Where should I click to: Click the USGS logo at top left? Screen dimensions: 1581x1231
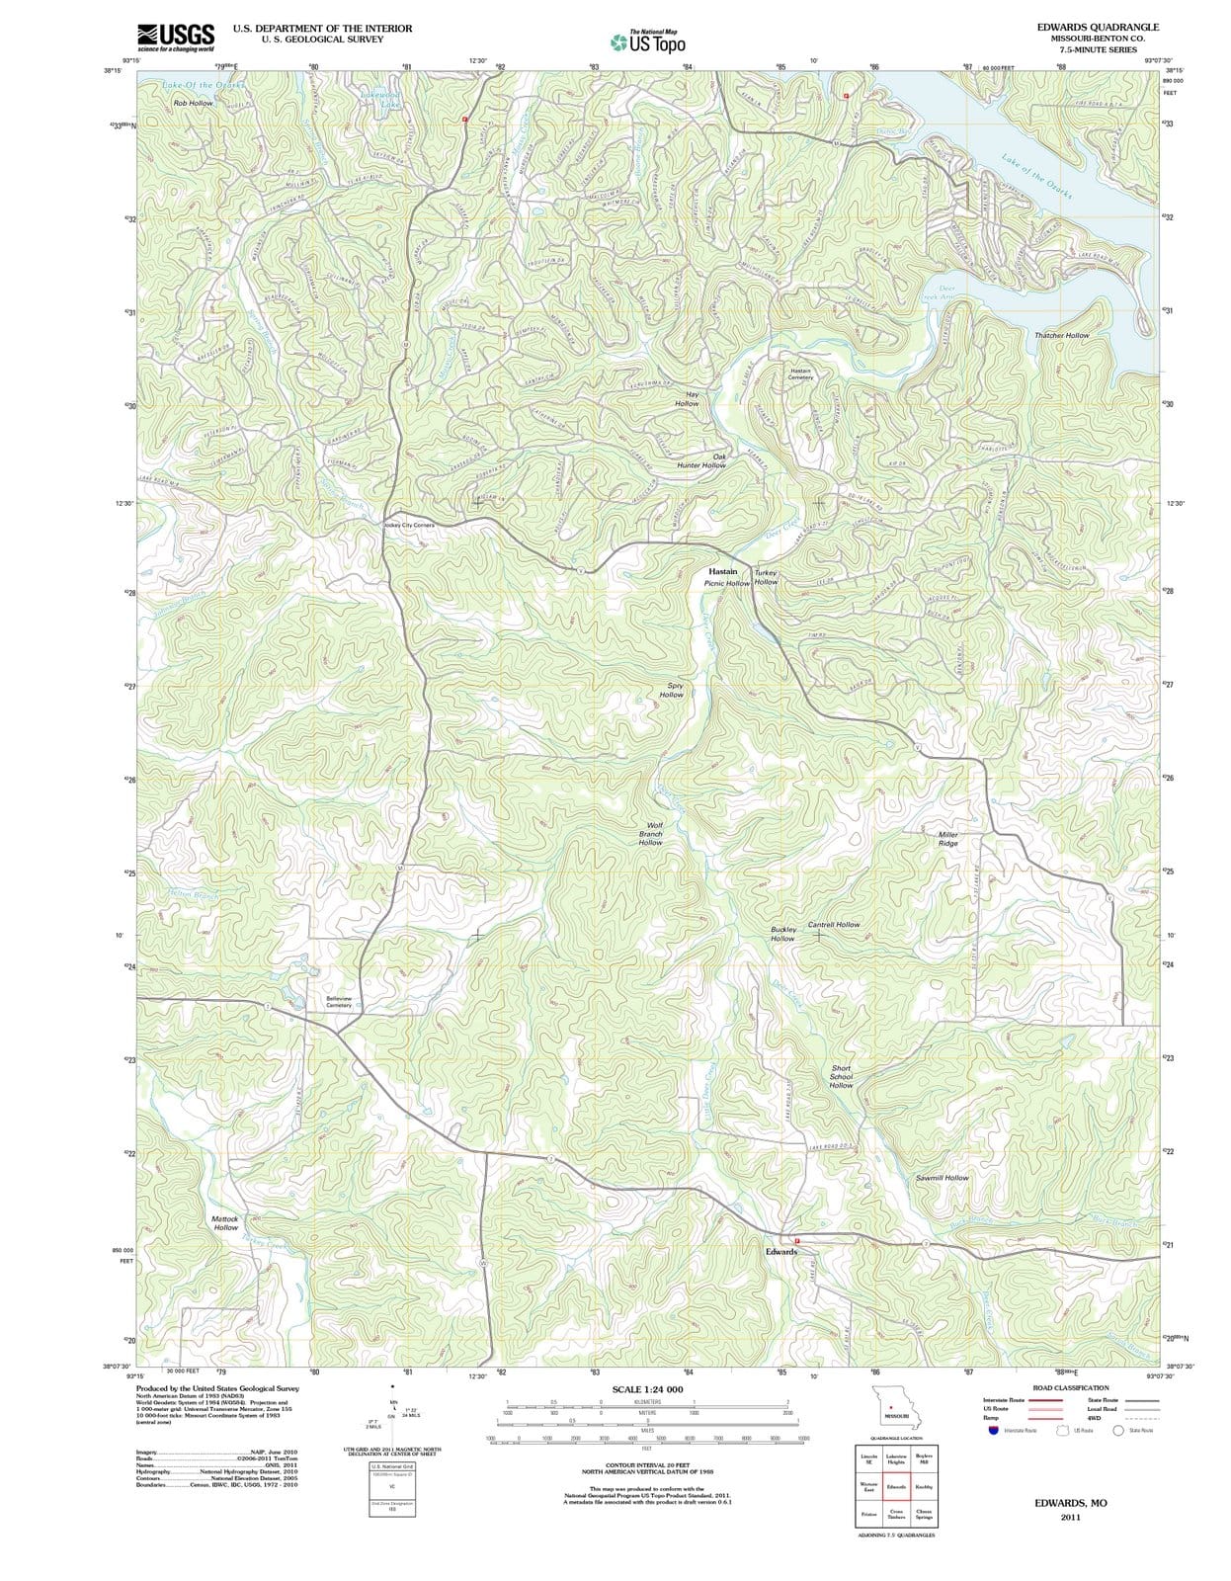point(176,37)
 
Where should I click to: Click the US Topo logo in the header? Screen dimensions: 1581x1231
point(648,42)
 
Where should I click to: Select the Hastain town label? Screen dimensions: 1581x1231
point(723,572)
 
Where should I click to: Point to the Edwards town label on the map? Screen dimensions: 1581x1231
point(780,1252)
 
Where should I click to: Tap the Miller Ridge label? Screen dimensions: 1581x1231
point(947,839)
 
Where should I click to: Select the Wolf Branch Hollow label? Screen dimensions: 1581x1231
point(652,833)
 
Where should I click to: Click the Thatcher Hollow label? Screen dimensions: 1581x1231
point(1062,336)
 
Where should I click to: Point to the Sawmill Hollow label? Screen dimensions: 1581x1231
point(942,1178)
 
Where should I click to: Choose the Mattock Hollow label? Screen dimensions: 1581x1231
point(225,1223)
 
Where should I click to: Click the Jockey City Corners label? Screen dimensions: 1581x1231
point(408,525)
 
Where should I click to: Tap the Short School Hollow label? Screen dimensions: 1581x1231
point(841,1077)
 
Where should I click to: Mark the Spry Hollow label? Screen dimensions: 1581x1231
point(673,690)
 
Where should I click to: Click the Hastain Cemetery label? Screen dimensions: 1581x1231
point(800,374)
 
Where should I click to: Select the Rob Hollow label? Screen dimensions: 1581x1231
point(193,103)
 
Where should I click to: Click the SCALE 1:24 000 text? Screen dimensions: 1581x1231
point(647,1389)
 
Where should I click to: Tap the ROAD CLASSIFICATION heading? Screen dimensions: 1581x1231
point(1071,1387)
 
